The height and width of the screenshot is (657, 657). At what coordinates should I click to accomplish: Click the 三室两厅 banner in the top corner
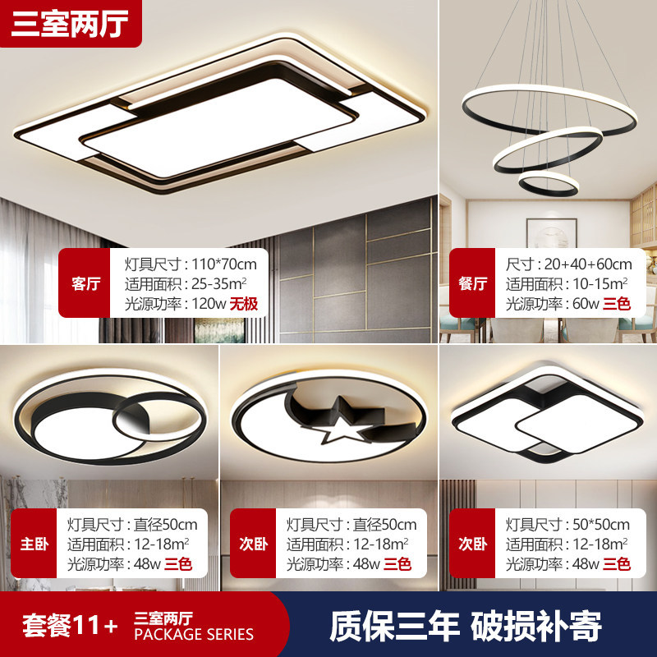tap(71, 24)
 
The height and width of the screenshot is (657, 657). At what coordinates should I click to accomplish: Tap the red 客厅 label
tap(85, 283)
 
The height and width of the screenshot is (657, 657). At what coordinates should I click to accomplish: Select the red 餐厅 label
tap(473, 283)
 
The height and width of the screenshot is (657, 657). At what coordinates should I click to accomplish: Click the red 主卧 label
tap(34, 544)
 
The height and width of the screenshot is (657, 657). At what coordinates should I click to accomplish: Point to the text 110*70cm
tap(224, 264)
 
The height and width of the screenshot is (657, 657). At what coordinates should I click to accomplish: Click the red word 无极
tap(243, 304)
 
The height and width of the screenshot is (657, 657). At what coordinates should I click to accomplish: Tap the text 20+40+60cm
tap(588, 264)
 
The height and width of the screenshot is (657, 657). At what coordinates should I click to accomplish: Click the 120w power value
tap(209, 304)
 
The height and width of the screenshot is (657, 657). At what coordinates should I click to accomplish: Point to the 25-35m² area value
tap(218, 283)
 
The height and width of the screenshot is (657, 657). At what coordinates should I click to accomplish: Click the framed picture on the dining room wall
tap(551, 233)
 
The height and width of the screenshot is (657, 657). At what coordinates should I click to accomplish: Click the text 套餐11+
tap(70, 625)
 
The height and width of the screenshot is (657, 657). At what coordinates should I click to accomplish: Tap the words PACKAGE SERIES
tap(194, 634)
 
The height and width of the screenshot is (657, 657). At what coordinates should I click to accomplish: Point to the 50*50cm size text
tap(601, 524)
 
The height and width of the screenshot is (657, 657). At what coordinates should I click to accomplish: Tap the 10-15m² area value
tap(600, 283)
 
